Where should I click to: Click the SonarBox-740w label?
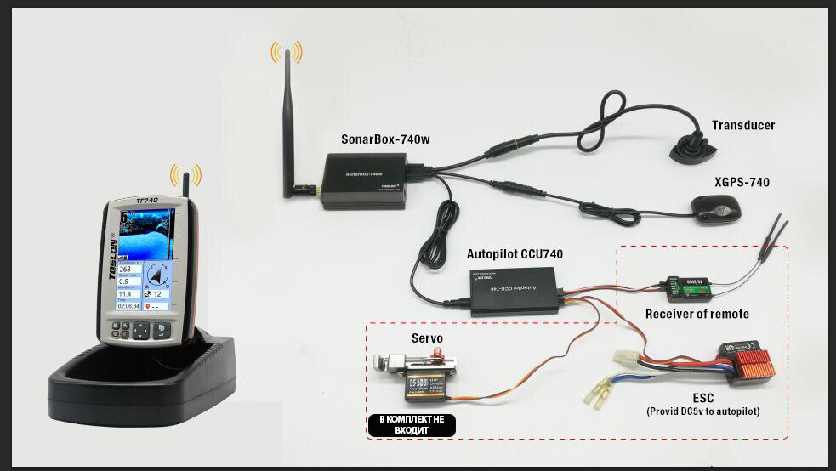[385, 140]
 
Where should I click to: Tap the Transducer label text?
[743, 125]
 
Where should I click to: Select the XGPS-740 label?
[742, 182]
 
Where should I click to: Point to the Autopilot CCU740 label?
[515, 254]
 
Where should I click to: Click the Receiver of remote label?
[697, 314]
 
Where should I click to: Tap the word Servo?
[427, 338]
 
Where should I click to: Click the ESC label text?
[702, 398]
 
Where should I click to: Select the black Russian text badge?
[412, 425]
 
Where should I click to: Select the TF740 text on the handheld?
[147, 201]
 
